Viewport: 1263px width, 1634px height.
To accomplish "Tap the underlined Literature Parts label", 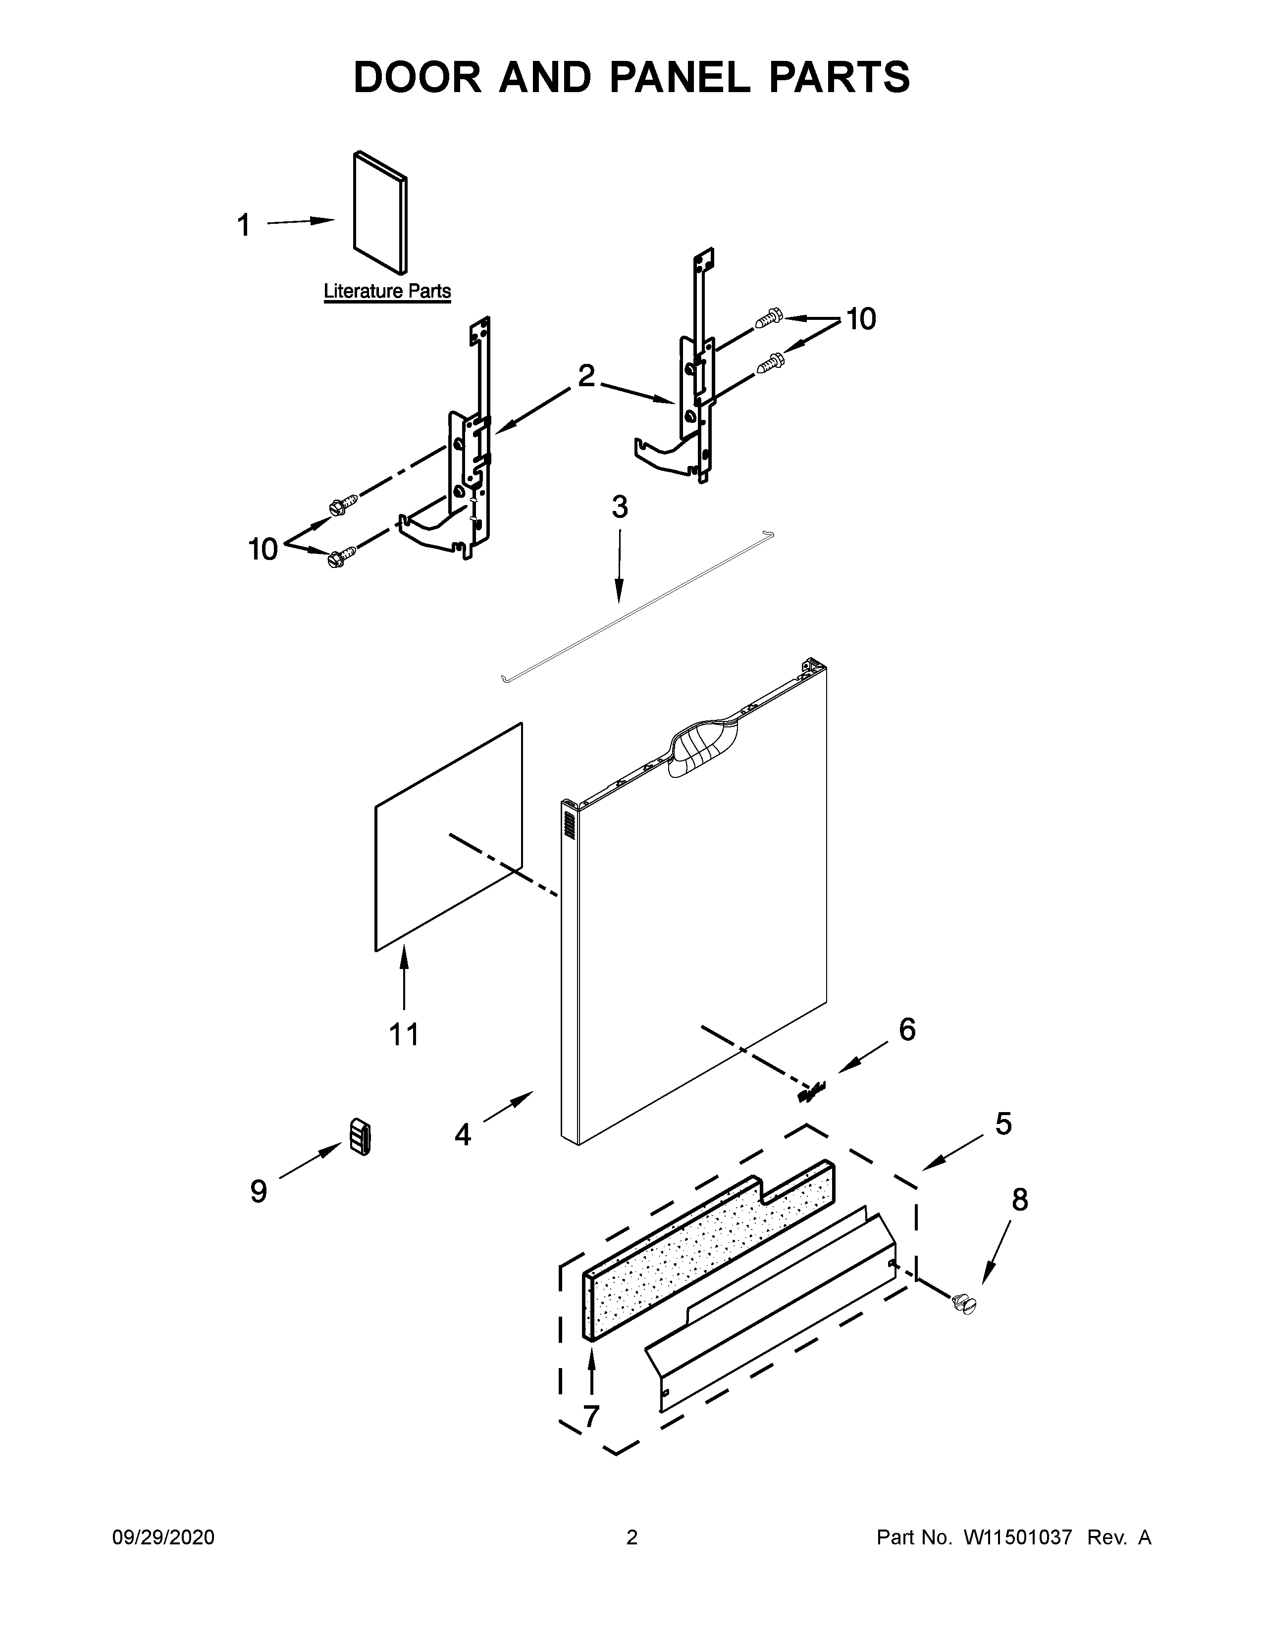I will point(387,291).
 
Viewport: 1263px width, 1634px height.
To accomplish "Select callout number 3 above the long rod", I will point(620,507).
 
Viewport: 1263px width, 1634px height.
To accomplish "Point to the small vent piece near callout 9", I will point(360,1138).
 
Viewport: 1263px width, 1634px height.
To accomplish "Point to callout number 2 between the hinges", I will point(586,376).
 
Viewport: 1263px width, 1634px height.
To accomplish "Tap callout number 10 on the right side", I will point(861,319).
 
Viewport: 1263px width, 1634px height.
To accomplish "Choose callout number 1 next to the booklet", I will point(244,225).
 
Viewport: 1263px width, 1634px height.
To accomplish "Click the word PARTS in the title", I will point(839,77).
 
